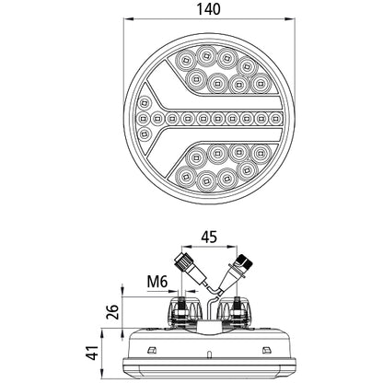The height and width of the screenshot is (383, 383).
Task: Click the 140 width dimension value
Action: [208, 8]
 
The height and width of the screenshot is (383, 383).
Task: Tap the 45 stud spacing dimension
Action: [209, 237]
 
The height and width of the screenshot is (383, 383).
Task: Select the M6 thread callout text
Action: [157, 282]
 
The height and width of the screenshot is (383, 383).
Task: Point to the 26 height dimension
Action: [112, 311]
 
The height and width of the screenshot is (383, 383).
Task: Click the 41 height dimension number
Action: [92, 353]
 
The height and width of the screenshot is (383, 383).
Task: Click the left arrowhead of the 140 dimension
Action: [128, 19]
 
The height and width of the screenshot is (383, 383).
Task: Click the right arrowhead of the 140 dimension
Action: [290, 19]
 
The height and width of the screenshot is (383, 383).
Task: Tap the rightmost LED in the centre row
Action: [274, 118]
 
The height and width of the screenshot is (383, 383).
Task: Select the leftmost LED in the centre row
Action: [143, 118]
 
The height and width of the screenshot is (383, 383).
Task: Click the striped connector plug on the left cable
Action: [182, 262]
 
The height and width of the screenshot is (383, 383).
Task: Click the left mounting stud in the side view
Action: [181, 307]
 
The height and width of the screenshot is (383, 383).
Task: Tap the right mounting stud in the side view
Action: [237, 307]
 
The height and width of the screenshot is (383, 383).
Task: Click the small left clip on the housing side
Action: [152, 350]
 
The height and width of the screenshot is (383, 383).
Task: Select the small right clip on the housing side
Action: [267, 350]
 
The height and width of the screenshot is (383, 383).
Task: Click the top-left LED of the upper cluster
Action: [186, 60]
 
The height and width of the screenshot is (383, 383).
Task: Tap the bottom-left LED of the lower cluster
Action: [186, 177]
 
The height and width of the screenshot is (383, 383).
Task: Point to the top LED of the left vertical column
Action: [144, 102]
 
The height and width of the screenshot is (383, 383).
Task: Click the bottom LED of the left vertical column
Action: [144, 133]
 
